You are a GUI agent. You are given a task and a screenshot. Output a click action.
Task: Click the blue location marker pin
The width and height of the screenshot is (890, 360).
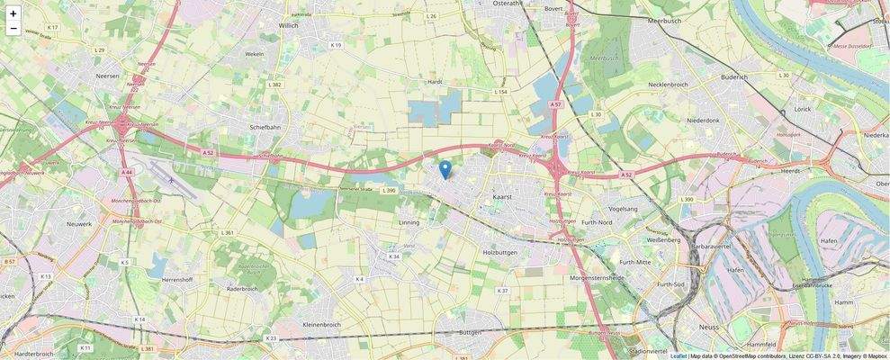coord(445,169)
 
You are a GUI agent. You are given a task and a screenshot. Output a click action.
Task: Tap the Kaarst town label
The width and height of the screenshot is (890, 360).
coord(503,195)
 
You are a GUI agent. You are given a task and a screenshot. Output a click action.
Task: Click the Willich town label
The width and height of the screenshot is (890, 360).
coord(288,26)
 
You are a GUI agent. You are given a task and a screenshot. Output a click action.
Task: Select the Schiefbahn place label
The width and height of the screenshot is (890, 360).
coord(267,127)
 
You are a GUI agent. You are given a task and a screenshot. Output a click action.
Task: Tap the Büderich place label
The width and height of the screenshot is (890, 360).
coord(734,77)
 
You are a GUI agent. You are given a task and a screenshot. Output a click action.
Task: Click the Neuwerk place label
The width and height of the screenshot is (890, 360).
coord(79,223)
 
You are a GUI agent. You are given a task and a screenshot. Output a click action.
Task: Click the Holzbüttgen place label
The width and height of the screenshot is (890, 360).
coord(502,252)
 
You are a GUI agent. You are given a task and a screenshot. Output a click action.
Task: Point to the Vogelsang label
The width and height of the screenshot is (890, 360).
coord(623,208)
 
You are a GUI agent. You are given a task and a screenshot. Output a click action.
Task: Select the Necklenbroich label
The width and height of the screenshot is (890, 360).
coord(668,85)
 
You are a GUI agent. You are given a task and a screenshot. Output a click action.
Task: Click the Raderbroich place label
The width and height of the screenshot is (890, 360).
coord(243,289)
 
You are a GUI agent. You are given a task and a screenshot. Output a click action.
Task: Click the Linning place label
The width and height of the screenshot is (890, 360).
coord(409,220)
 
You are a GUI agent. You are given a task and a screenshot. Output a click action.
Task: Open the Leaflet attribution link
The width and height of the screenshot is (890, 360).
coord(678,355)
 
